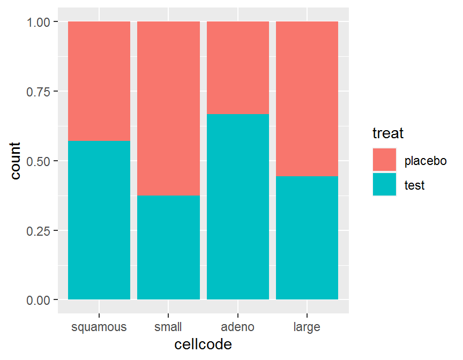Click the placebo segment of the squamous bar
pyautogui.click(x=99, y=81)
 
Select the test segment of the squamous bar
pyautogui.click(x=99, y=220)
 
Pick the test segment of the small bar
pyautogui.click(x=168, y=247)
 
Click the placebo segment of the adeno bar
pyautogui.click(x=238, y=67)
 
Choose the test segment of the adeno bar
pyautogui.click(x=238, y=206)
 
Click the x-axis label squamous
pyautogui.click(x=99, y=327)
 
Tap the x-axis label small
pyautogui.click(x=168, y=327)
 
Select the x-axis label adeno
pyautogui.click(x=238, y=327)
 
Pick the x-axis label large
pyautogui.click(x=307, y=327)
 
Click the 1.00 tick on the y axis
pyautogui.click(x=39, y=22)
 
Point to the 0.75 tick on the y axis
pyautogui.click(x=39, y=92)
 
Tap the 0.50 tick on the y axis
pyautogui.click(x=39, y=161)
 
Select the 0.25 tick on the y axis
pyautogui.click(x=39, y=231)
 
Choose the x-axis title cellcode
pyautogui.click(x=203, y=344)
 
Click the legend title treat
pyautogui.click(x=388, y=132)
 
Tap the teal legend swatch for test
pyautogui.click(x=385, y=184)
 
